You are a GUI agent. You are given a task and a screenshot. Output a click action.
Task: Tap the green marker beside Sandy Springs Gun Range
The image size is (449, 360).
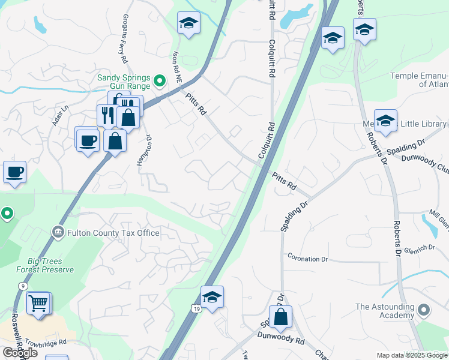pyautogui.click(x=160, y=80)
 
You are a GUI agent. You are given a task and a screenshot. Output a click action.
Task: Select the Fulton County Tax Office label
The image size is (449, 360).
pyautogui.click(x=113, y=233)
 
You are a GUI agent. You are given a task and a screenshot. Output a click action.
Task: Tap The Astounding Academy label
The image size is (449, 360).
pyautogui.click(x=385, y=311)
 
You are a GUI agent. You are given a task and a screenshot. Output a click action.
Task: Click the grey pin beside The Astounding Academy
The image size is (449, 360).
pyautogui.click(x=424, y=310)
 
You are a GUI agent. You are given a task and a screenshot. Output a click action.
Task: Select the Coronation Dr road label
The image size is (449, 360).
pyautogui.click(x=307, y=259)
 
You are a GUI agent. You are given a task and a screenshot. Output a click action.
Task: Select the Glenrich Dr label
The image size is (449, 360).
pyautogui.click(x=418, y=251)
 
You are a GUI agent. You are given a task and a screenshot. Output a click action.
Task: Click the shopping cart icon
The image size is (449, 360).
pyautogui.click(x=38, y=303)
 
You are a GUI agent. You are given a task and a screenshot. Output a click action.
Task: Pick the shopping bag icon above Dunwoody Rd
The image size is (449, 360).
pyautogui.click(x=280, y=316)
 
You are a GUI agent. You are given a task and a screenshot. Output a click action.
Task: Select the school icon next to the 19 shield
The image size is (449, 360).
pyautogui.click(x=212, y=297)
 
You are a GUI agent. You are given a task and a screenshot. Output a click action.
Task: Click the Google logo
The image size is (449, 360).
pyautogui.click(x=20, y=353)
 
